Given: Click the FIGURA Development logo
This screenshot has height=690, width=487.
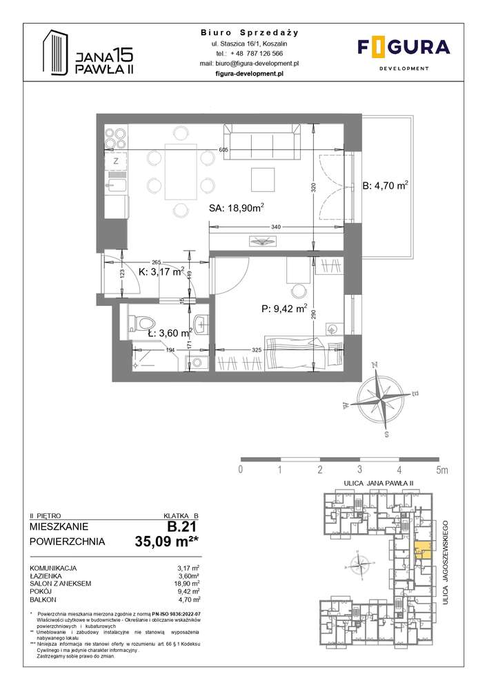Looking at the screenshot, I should pos(404,52).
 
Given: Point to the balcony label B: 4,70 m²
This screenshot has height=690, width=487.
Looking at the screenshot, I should pos(386,185).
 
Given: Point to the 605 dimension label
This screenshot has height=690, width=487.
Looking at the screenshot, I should pos(223,150).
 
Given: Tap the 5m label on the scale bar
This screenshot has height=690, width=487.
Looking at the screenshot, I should pos(441,470).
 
